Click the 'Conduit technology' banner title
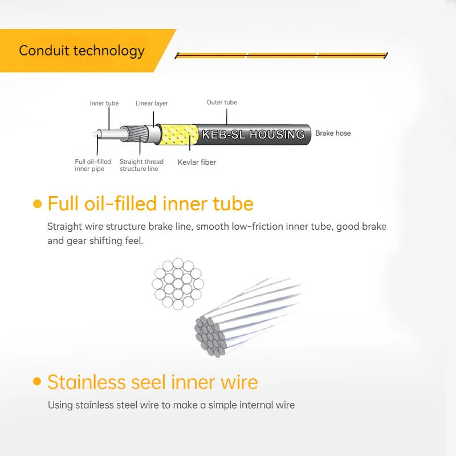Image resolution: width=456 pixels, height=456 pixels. pyautogui.click(x=82, y=51)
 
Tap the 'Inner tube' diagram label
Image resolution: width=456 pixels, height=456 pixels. pyautogui.click(x=104, y=103)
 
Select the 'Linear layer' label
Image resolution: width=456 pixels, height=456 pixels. pyautogui.click(x=152, y=103)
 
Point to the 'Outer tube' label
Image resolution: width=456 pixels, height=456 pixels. pyautogui.click(x=222, y=103)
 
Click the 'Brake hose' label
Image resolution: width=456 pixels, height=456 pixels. pyautogui.click(x=333, y=133)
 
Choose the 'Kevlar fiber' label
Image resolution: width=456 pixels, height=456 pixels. pyautogui.click(x=197, y=162)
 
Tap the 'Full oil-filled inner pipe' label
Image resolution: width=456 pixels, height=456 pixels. pyautogui.click(x=93, y=165)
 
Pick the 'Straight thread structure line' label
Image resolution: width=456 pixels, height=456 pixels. pyautogui.click(x=141, y=165)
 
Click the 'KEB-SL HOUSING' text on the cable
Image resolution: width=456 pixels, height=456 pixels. pyautogui.click(x=253, y=135)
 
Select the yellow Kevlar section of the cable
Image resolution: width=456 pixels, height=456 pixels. pyautogui.click(x=178, y=135)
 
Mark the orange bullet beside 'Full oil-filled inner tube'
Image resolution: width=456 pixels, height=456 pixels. pyautogui.click(x=38, y=204)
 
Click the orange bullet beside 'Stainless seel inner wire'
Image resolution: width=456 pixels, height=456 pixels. pyautogui.click(x=37, y=381)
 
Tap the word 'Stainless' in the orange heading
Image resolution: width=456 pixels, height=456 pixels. pyautogui.click(x=87, y=382)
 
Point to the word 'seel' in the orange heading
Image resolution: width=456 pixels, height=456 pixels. pyautogui.click(x=149, y=382)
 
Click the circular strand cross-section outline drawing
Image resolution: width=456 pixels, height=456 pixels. pyautogui.click(x=178, y=283)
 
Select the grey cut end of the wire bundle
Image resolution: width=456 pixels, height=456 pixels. pyautogui.click(x=210, y=337)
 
